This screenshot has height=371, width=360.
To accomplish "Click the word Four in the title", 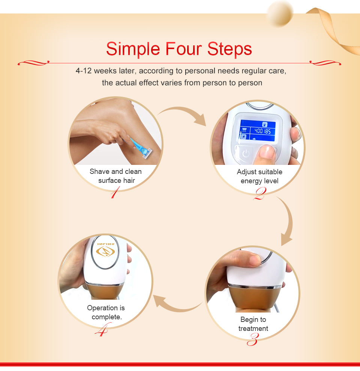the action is click(x=183, y=49).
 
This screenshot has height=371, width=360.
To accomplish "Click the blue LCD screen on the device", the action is click(x=258, y=131).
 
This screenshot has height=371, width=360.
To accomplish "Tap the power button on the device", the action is click(x=246, y=153).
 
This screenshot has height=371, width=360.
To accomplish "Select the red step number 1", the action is click(x=115, y=192).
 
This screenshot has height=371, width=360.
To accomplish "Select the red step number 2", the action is click(x=259, y=193).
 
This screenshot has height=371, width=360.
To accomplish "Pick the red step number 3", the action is click(x=253, y=339).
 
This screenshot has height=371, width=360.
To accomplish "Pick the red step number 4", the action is click(x=102, y=329).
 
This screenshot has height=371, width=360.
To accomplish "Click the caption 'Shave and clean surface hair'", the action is click(x=116, y=176).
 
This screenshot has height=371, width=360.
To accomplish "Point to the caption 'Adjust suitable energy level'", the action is click(x=259, y=176).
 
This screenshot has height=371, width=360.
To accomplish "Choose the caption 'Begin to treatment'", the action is click(x=253, y=324).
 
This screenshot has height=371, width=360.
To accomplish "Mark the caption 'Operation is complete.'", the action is click(x=106, y=312).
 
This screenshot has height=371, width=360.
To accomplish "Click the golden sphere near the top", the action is click(x=280, y=13).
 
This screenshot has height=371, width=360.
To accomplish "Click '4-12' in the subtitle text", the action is click(x=84, y=71).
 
